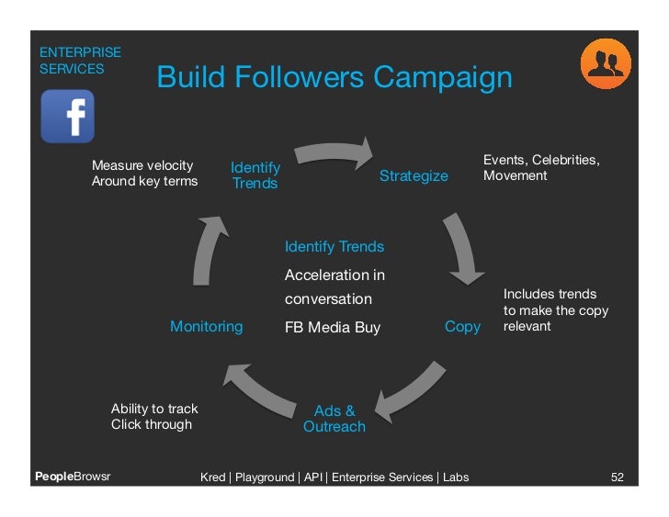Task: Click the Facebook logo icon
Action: (68, 116)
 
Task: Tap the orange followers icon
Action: (605, 63)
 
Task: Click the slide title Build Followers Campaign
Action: (334, 77)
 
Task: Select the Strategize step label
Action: (414, 175)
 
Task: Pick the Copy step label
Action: (462, 327)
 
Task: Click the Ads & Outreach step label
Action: (334, 419)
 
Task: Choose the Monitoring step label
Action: (207, 326)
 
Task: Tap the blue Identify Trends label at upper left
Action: (255, 174)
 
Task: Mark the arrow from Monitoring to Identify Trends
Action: (207, 253)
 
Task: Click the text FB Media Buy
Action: (333, 327)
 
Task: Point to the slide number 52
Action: (618, 478)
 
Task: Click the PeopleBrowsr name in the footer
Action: (72, 478)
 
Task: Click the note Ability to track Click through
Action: (153, 416)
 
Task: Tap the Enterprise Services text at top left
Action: (79, 61)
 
